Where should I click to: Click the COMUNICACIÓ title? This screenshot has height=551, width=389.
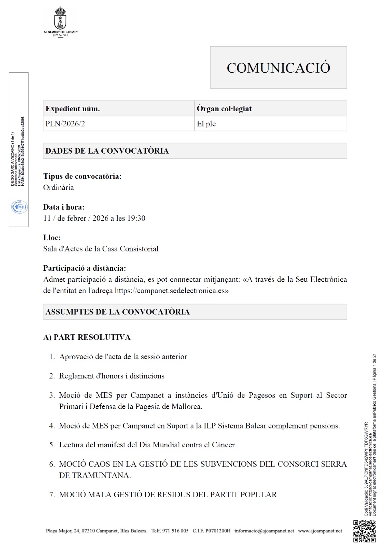click(278, 68)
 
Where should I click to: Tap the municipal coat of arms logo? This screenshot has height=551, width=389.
click(61, 19)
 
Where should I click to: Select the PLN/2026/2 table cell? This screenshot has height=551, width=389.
click(65, 124)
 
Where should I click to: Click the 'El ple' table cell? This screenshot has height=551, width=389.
click(206, 124)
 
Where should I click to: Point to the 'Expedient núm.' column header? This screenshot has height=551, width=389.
click(73, 109)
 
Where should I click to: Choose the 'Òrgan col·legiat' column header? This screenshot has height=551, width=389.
click(224, 109)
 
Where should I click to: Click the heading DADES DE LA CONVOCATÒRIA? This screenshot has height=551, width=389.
click(107, 151)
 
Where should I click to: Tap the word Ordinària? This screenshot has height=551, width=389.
click(58, 188)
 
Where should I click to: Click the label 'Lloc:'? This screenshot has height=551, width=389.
click(52, 238)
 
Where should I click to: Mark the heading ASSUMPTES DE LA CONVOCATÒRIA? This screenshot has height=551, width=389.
click(118, 312)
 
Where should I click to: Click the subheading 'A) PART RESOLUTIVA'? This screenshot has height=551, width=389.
click(87, 337)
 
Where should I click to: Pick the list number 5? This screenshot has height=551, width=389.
click(52, 445)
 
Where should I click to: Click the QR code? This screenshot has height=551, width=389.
click(364, 531)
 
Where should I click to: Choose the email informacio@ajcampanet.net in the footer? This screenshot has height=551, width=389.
click(264, 531)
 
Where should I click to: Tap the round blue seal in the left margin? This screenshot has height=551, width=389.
click(20, 207)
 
